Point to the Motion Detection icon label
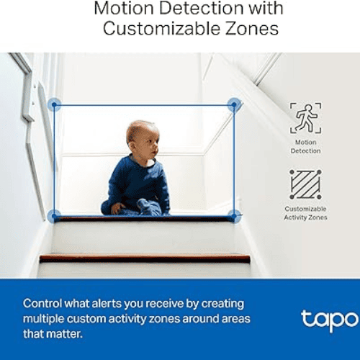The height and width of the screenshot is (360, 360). (305, 147)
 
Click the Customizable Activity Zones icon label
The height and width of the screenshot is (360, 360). (305, 213)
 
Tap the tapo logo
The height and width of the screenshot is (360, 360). (329, 319)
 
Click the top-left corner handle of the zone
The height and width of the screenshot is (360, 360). (54, 105)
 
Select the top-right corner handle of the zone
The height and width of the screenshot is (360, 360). (233, 105)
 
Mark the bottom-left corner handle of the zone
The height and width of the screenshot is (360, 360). (54, 215)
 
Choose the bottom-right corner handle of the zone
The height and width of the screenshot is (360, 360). (233, 215)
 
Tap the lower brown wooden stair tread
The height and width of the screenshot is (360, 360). (144, 257)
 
